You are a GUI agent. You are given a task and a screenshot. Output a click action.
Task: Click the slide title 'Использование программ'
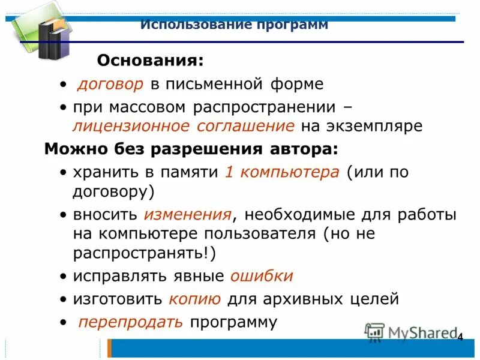[x=234, y=25]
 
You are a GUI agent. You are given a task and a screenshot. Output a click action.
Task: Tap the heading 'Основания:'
[x=150, y=60]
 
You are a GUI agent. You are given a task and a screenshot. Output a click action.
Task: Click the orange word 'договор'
[x=110, y=84]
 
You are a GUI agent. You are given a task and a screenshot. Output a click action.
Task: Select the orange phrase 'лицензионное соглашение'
[x=184, y=126]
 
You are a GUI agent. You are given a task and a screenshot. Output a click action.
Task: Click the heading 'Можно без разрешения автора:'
[x=191, y=149]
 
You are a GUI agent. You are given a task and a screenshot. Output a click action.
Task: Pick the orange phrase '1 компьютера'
[x=281, y=172]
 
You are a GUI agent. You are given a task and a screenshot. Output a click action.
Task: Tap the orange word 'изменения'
[x=188, y=214]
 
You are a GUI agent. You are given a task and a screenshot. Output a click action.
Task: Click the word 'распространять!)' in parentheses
[x=144, y=253]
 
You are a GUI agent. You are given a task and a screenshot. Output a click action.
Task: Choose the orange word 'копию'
[x=195, y=298]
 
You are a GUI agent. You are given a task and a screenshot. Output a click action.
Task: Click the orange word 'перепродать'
[x=131, y=322]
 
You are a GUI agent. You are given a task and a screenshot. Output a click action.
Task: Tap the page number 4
[x=460, y=337]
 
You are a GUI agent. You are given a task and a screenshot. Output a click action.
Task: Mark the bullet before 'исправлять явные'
[x=64, y=277]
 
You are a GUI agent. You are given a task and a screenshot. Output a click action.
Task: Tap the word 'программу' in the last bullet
[x=233, y=322]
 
